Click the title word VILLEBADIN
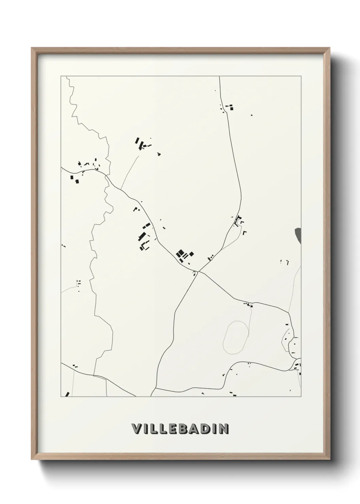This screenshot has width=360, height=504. [x=180, y=429]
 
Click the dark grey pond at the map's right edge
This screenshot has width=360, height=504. [x=298, y=235]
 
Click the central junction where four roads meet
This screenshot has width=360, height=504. [x=198, y=272]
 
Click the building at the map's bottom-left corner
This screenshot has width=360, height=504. [x=67, y=394]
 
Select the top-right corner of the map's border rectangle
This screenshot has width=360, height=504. [x=301, y=76]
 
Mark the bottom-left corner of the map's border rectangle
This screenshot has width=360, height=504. [x=61, y=396]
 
